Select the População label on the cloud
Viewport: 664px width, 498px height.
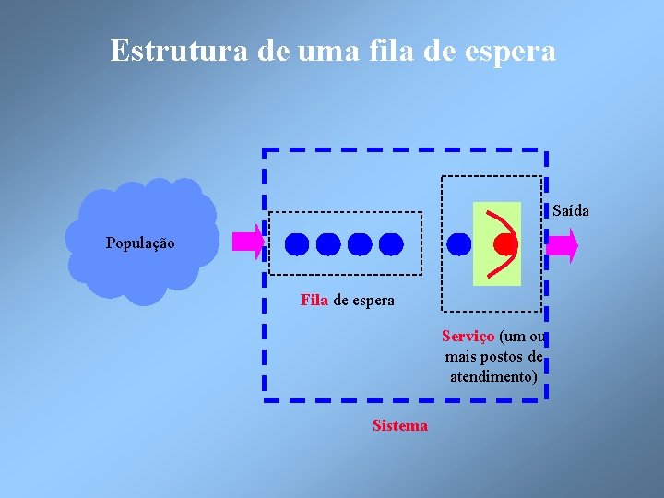click(139, 243)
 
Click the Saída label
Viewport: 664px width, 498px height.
click(571, 211)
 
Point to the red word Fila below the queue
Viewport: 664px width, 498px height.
click(314, 300)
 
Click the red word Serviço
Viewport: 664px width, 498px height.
click(468, 336)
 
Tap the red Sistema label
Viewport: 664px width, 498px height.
click(399, 425)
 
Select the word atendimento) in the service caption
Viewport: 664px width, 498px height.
click(493, 376)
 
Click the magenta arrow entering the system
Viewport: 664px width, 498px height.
click(247, 243)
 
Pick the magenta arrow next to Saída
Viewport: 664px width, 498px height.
click(562, 245)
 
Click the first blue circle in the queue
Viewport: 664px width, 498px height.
click(297, 243)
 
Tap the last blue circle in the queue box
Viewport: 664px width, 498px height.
click(391, 243)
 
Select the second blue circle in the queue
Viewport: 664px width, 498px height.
click(328, 243)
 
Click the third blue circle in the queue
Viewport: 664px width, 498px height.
click(360, 243)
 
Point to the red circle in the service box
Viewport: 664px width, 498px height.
click(504, 243)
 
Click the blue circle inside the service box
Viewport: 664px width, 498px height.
click(458, 243)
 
